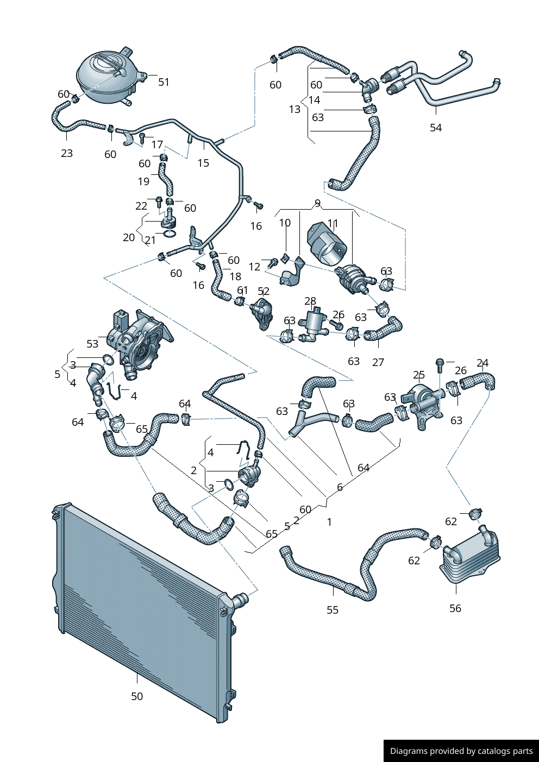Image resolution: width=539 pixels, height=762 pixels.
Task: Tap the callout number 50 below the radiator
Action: (137, 696)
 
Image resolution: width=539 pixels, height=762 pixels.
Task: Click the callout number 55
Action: (333, 610)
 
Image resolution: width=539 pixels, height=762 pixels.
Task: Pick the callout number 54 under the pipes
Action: (436, 128)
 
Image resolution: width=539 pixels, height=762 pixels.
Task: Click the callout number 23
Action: (67, 153)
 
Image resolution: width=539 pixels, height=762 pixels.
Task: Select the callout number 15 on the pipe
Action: (203, 163)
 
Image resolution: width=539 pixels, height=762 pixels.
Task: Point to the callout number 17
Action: (157, 144)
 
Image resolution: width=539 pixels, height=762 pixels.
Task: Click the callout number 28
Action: (310, 301)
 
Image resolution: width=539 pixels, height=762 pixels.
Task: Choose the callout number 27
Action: (378, 362)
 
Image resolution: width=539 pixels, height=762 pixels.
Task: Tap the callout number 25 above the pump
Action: (418, 375)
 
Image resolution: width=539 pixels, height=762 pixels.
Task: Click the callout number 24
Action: (482, 363)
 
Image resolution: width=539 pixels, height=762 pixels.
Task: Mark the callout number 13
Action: (294, 110)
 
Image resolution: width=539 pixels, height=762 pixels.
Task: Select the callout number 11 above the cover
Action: (333, 223)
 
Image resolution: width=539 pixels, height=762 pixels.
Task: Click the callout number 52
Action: (264, 292)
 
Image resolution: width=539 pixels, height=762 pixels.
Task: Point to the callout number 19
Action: (143, 181)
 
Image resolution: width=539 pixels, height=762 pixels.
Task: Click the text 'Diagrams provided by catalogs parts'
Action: (461, 751)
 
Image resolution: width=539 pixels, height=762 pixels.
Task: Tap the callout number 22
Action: (141, 206)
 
